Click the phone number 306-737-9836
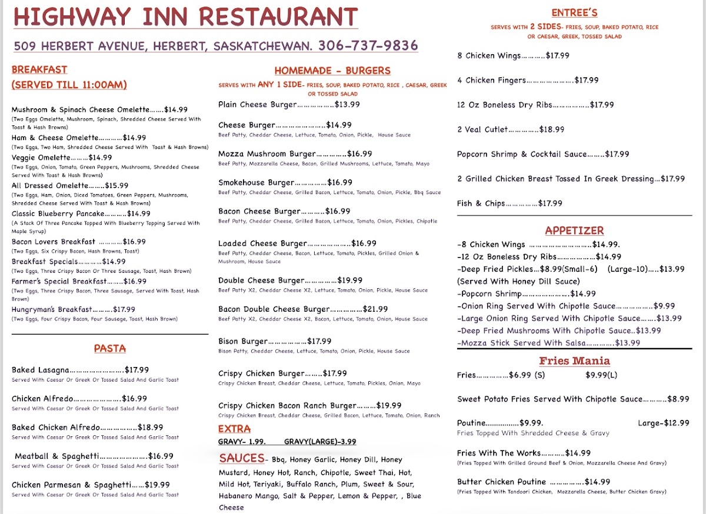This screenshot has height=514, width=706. [368, 46]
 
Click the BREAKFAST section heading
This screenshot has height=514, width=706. [39, 70]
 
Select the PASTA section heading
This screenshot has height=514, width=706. [110, 349]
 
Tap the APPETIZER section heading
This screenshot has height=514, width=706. [574, 231]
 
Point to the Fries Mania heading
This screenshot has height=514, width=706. [574, 361]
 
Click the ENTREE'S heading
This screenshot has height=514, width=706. [575, 13]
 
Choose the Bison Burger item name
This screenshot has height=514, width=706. [243, 341]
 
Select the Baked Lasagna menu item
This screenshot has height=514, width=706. [41, 370]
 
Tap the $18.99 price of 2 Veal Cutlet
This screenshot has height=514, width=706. [552, 129]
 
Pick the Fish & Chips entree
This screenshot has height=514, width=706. [481, 203]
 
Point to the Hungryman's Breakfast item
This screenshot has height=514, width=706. [52, 309]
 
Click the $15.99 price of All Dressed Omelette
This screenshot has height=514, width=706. [116, 186]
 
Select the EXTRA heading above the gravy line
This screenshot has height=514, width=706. [234, 429]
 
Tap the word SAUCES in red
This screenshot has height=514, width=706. [242, 458]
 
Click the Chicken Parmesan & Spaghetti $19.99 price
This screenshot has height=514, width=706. [157, 485]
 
